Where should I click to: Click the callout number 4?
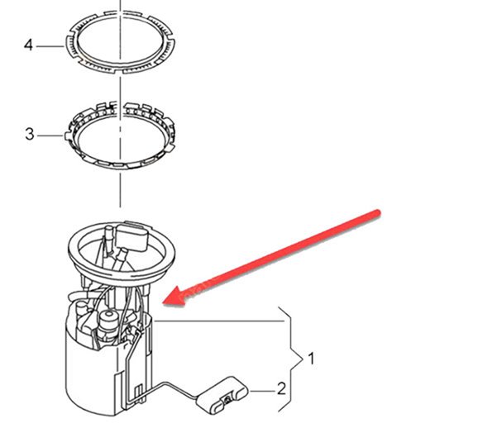coord(28,45)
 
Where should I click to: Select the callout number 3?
coord(30,134)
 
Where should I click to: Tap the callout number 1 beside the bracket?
coord(311,359)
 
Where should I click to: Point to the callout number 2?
coord(281,388)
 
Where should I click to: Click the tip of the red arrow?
coord(163,303)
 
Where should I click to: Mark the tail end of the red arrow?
coord(377,213)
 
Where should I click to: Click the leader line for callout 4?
coord(50,46)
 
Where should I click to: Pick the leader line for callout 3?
coord(50,136)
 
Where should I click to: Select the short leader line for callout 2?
coord(262,392)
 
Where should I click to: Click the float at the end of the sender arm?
coord(222,395)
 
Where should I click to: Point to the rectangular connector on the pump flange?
coord(131,236)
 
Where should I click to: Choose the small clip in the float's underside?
coord(227,401)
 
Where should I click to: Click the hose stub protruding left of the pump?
coord(76,297)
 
